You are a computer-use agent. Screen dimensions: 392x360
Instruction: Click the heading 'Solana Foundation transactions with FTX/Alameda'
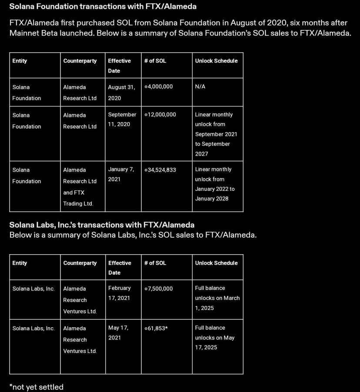click(103, 7)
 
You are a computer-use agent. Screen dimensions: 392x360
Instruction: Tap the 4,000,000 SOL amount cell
click(159, 87)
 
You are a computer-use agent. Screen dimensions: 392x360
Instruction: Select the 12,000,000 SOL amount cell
click(160, 115)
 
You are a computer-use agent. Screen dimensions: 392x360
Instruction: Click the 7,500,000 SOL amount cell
click(159, 289)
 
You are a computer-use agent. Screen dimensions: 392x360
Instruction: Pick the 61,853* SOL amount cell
click(156, 328)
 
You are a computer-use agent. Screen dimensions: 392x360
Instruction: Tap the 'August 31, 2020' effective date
click(121, 93)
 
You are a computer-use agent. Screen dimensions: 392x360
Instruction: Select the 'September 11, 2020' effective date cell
click(122, 120)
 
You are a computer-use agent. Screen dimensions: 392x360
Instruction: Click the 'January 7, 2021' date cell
click(120, 174)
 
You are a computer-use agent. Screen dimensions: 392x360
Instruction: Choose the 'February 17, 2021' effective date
click(120, 293)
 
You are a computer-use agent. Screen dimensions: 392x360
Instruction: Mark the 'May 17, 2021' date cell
click(118, 332)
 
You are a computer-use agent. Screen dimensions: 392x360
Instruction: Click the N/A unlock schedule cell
click(200, 87)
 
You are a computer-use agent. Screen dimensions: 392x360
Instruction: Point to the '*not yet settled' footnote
click(37, 387)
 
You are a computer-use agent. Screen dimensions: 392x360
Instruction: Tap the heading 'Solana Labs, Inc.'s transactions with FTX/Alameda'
click(102, 225)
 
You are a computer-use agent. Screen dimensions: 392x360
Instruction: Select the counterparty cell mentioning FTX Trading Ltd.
click(80, 186)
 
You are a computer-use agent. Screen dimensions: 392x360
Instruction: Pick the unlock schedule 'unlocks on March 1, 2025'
click(217, 298)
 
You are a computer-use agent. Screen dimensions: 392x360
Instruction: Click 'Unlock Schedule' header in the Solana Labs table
click(216, 263)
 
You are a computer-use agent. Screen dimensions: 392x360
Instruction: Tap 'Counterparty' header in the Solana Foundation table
click(80, 61)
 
